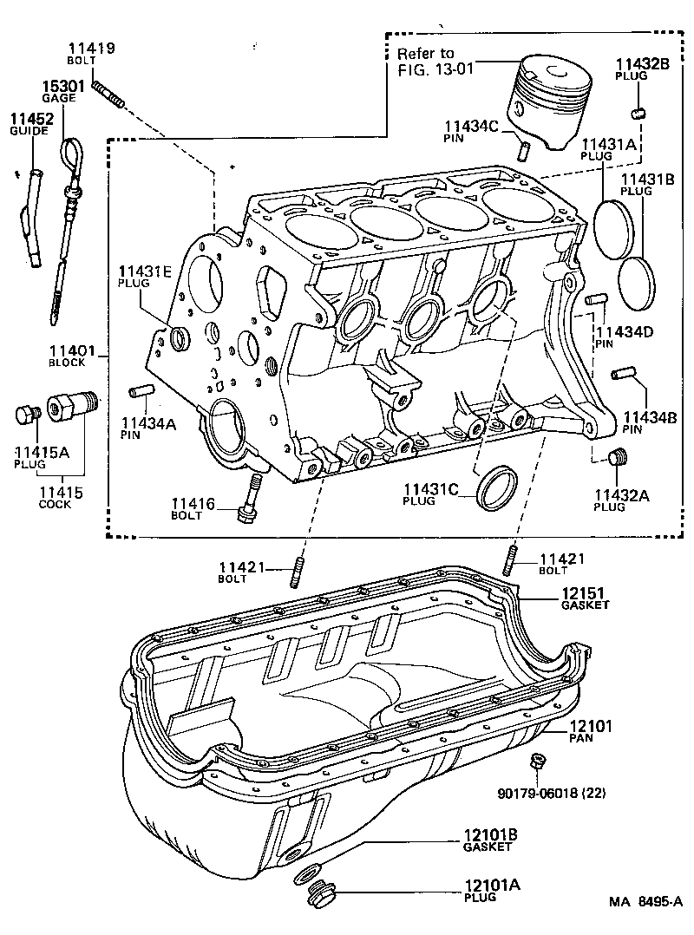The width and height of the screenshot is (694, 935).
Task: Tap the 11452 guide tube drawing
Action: [x=37, y=217]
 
